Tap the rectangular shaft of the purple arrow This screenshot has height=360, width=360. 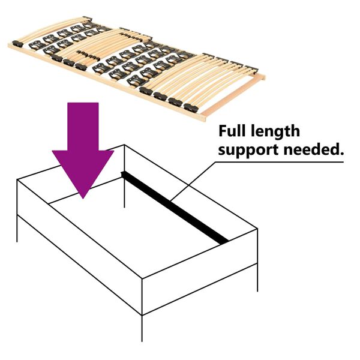83,126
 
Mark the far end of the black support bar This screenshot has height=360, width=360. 124,175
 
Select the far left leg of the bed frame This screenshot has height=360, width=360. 17,228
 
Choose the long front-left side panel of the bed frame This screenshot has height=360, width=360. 78,240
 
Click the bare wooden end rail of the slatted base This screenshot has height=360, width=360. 234,97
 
